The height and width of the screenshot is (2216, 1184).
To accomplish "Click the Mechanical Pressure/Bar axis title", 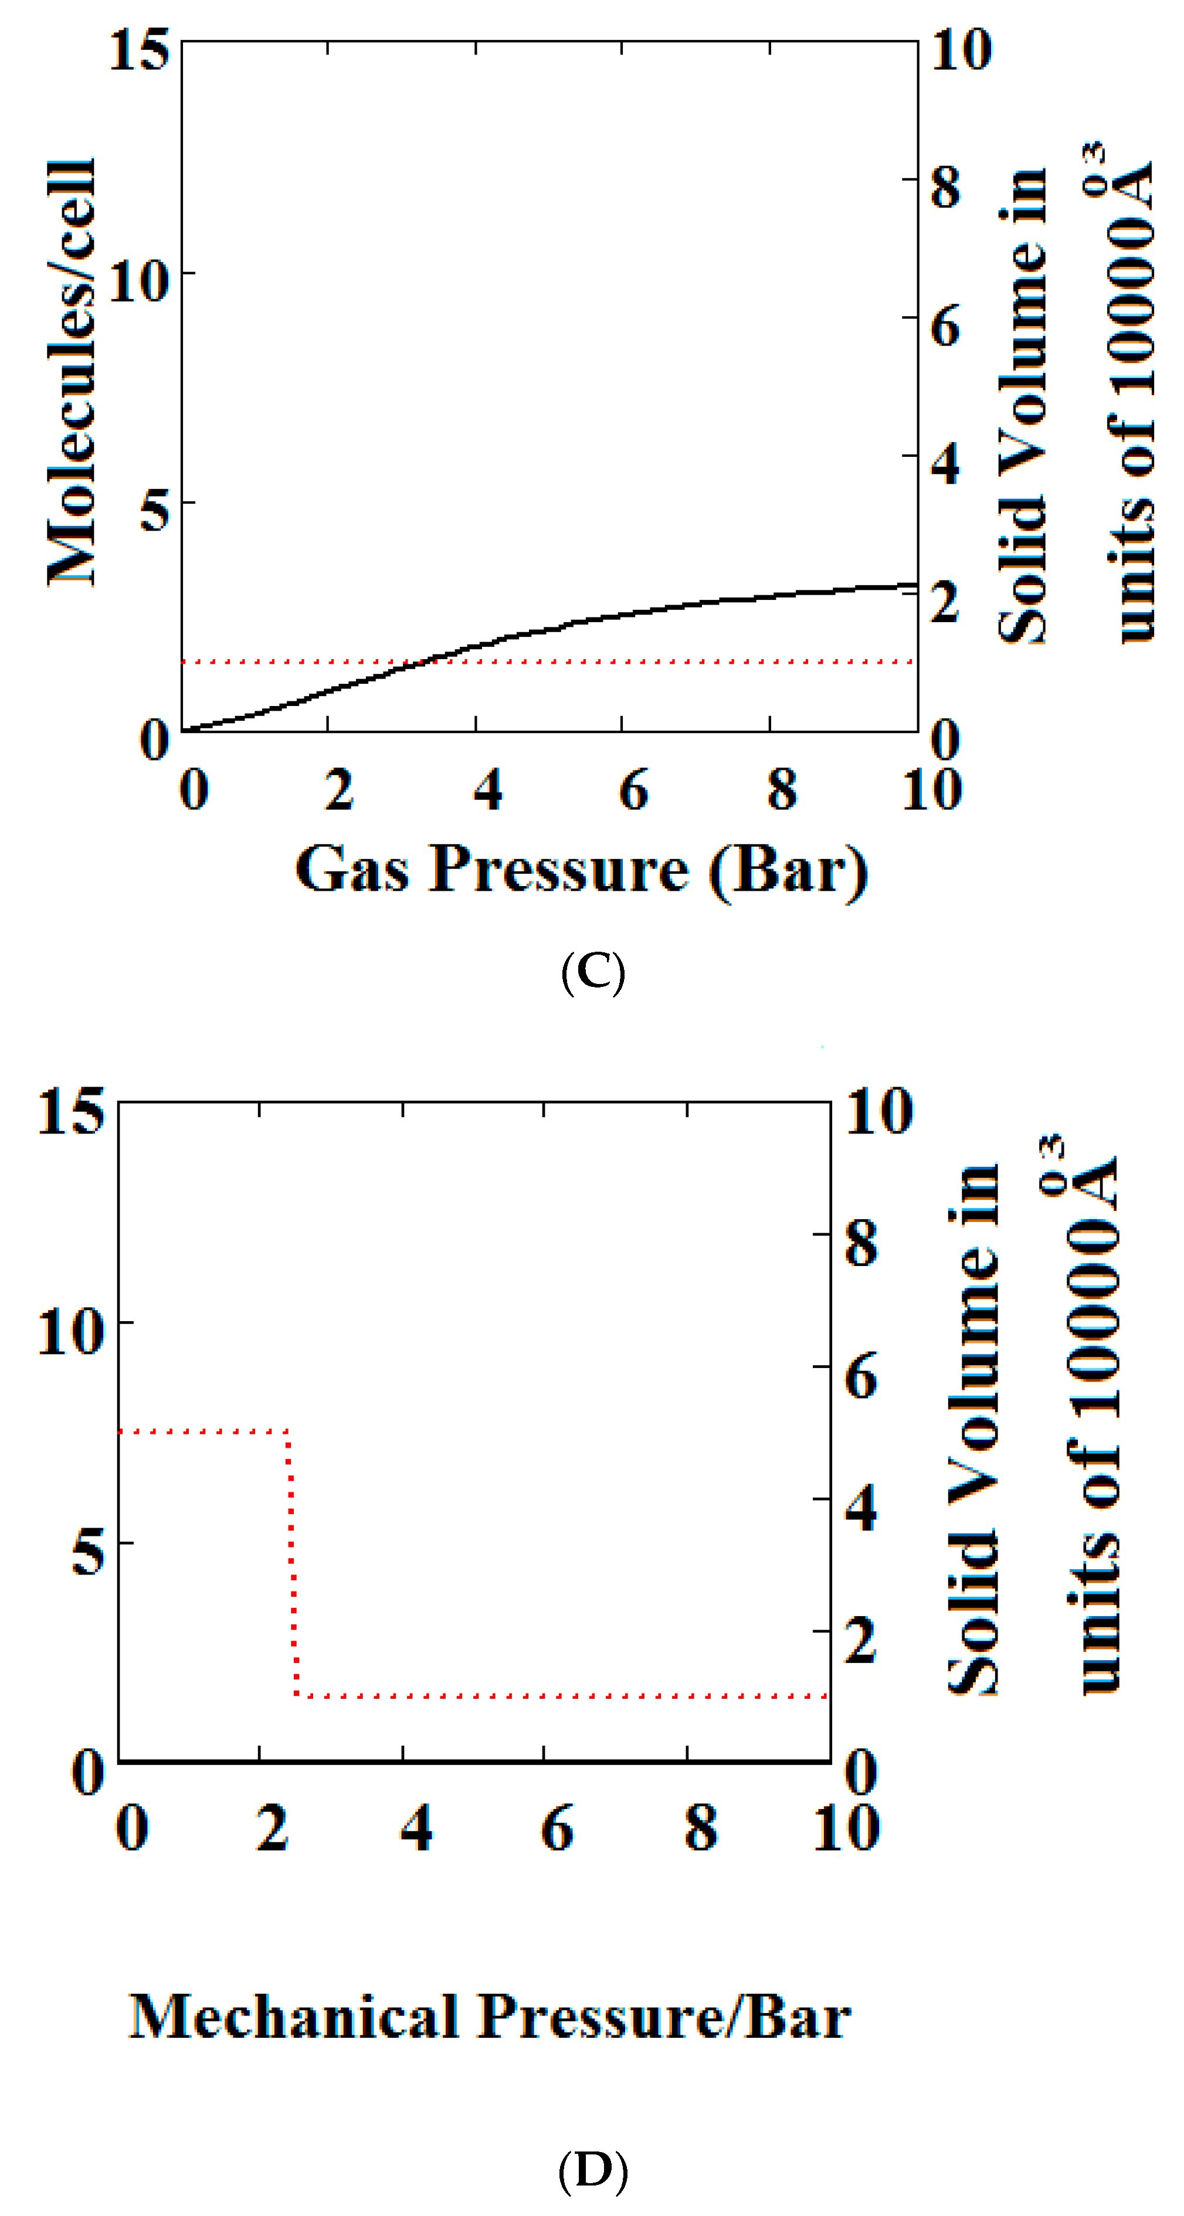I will [x=490, y=2015].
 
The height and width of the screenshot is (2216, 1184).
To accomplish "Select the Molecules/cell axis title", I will [x=72, y=372].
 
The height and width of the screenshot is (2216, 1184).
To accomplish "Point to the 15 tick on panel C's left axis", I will [x=138, y=49].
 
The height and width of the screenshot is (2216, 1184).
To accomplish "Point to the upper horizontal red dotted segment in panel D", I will [x=202, y=1431].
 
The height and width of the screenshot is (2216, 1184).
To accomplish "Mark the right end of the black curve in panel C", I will [x=915, y=584].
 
